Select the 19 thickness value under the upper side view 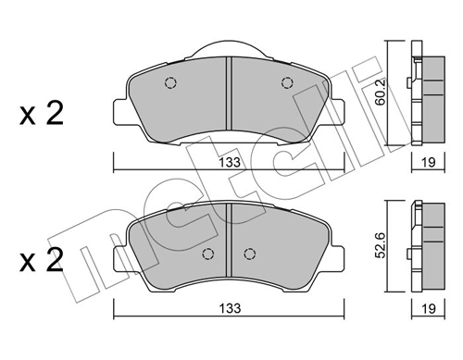tap(427, 163)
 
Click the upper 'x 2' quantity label tap(41, 115)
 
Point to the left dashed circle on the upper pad tap(169, 82)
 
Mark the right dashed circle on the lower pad tap(248, 253)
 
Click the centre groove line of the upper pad tap(229, 97)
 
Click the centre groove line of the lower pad tap(229, 241)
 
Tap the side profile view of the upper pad tap(427, 93)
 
